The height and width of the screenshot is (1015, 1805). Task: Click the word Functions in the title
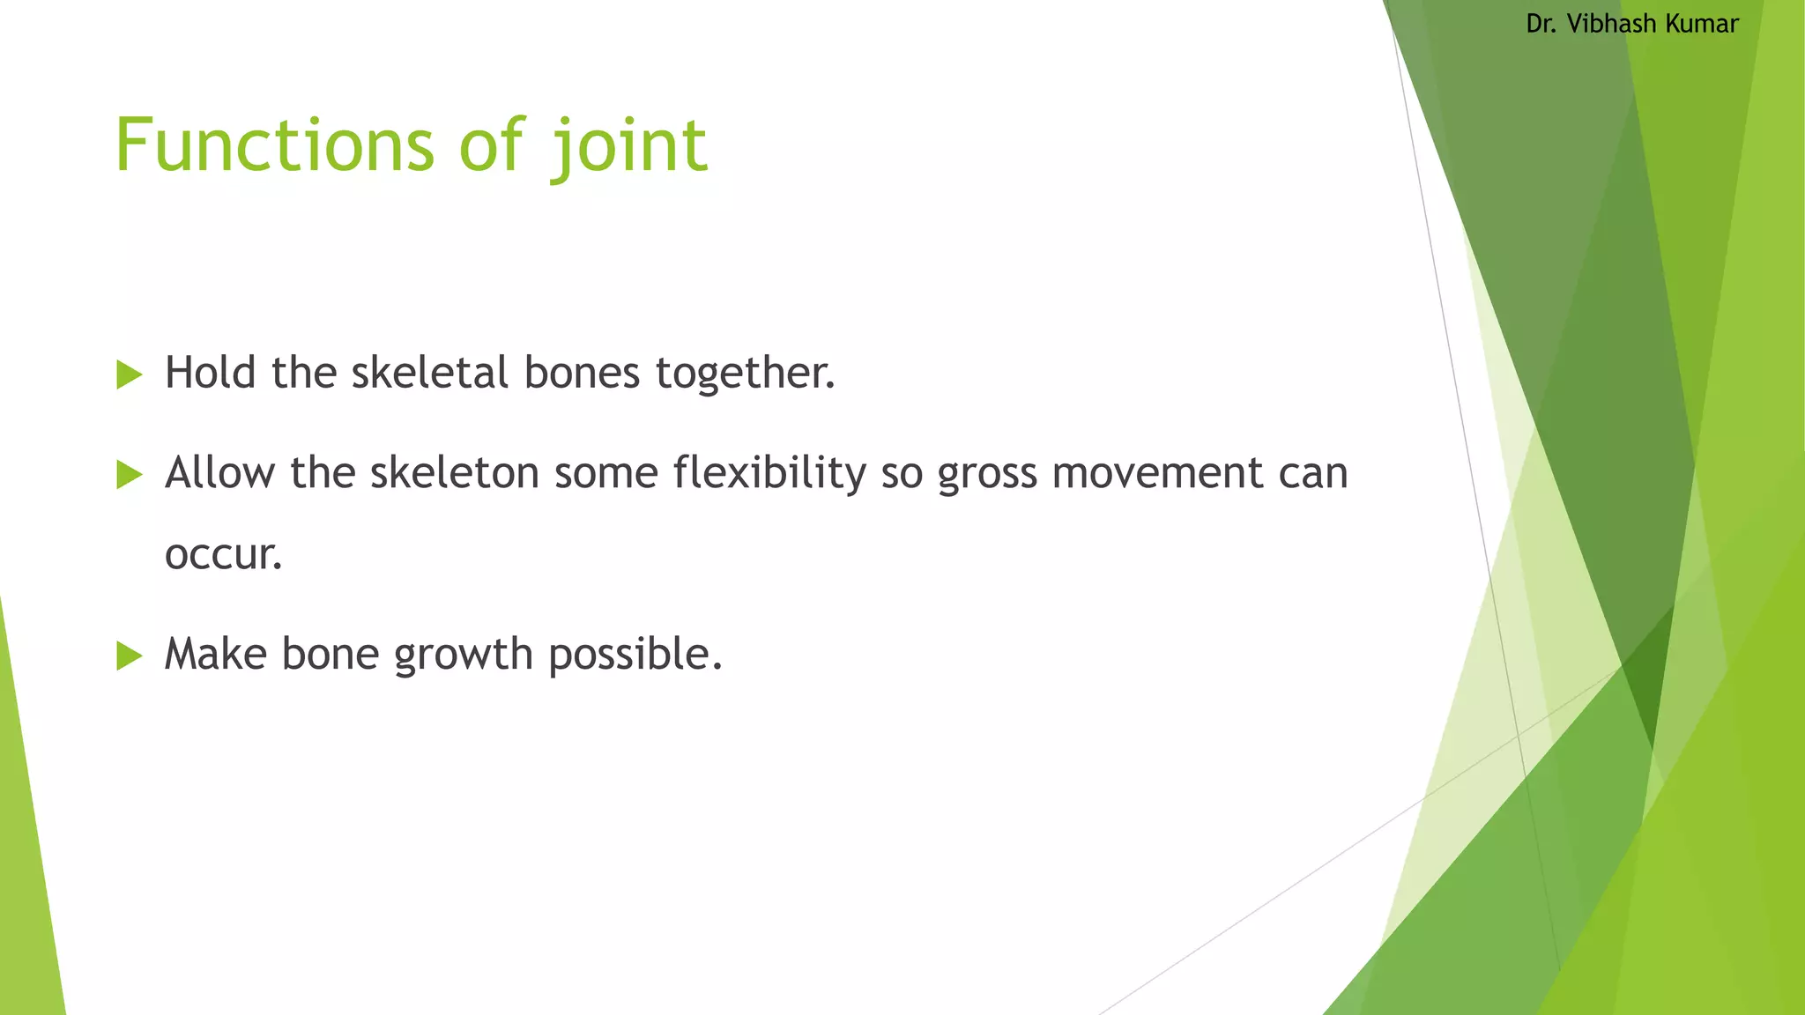click(274, 145)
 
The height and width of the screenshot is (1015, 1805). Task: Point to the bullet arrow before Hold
click(129, 374)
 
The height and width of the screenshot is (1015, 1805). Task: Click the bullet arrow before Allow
click(129, 475)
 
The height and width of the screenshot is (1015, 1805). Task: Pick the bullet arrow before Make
click(129, 656)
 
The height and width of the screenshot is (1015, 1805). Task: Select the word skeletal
click(430, 372)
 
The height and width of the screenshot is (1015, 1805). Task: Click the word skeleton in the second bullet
click(454, 472)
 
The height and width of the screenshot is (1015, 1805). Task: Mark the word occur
click(223, 555)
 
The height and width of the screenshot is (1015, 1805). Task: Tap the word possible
click(635, 656)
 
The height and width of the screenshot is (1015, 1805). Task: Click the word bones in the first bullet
click(582, 372)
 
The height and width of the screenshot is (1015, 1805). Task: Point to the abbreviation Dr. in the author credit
click(1541, 24)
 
